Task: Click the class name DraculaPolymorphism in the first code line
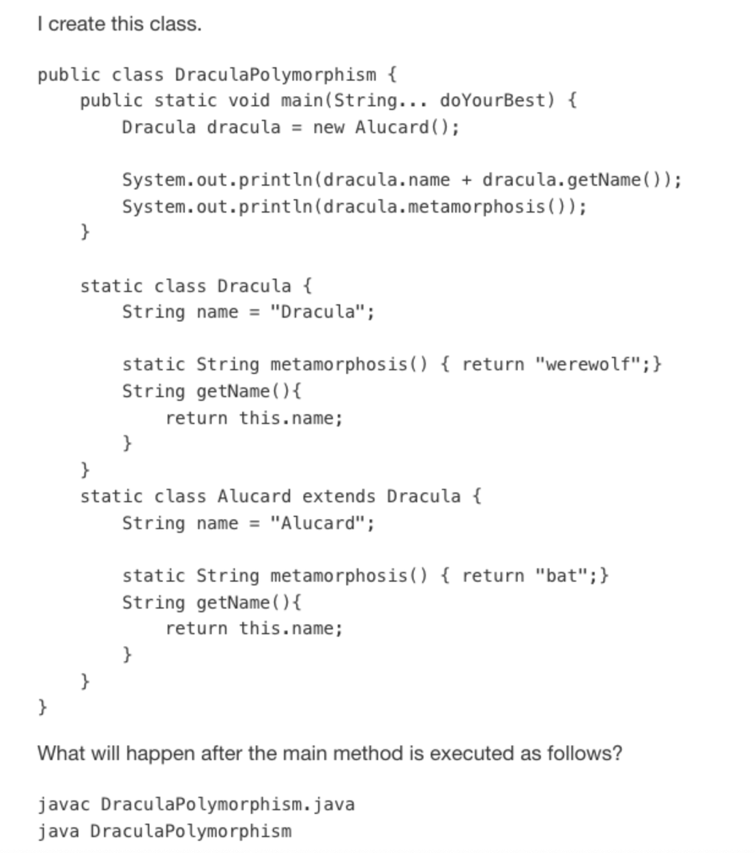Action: [275, 75]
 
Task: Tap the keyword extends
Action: [338, 496]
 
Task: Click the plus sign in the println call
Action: [466, 180]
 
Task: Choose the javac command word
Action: [64, 805]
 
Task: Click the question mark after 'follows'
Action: [616, 753]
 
